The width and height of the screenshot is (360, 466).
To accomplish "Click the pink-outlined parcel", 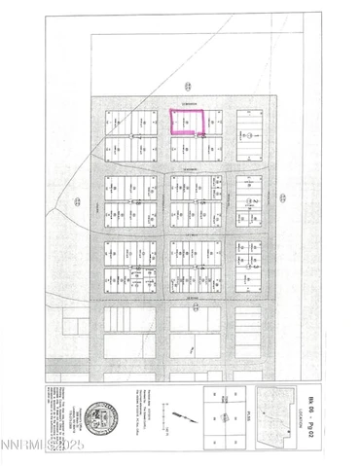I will pos(187,121).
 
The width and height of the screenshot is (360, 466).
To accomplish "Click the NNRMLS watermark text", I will pos(25,454).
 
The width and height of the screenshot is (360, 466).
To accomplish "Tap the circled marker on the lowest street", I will pos(195,306).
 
